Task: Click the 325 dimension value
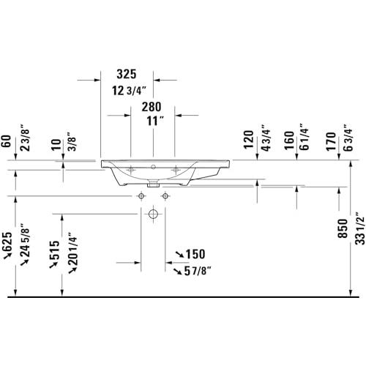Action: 127,74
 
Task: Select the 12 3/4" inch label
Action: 129,91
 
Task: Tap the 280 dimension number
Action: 152,107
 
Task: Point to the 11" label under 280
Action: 155,121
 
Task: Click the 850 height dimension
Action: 343,228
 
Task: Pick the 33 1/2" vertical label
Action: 360,228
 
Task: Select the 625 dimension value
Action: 7,242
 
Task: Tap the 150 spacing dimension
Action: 195,254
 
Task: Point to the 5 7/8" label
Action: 198,271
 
